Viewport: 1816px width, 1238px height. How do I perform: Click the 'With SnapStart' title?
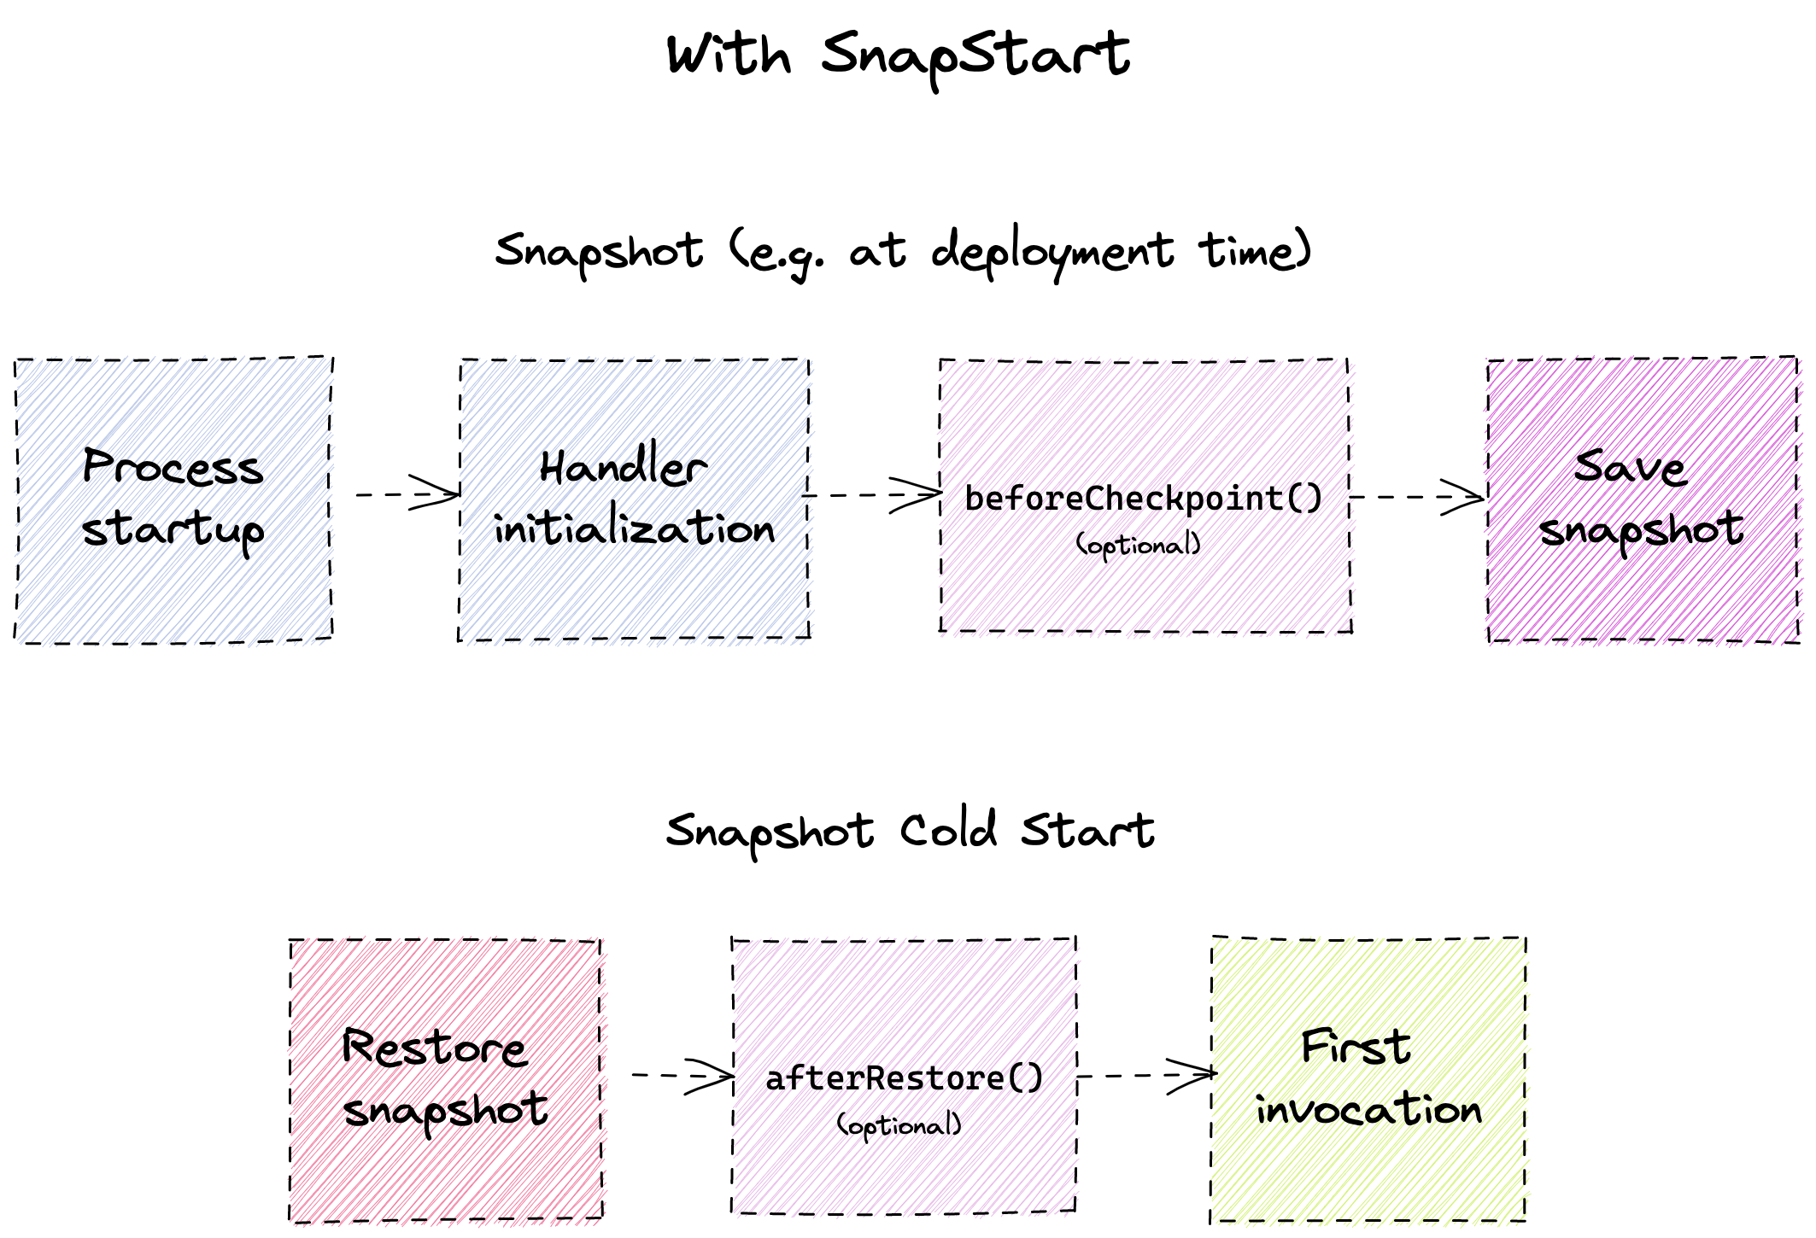click(x=898, y=55)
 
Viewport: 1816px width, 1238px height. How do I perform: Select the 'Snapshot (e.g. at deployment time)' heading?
click(x=903, y=253)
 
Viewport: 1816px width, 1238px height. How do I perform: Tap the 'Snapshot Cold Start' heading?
click(x=910, y=832)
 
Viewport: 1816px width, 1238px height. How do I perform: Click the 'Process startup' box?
click(x=173, y=499)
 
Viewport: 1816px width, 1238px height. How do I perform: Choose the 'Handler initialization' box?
click(x=634, y=499)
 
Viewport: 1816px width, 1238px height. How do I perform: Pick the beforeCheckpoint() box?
click(x=1145, y=496)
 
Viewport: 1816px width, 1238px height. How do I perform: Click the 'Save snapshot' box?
click(x=1643, y=499)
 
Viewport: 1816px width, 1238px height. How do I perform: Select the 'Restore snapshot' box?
click(x=446, y=1080)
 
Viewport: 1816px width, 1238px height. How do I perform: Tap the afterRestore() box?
click(x=904, y=1075)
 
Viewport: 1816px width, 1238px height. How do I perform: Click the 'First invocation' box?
click(x=1368, y=1079)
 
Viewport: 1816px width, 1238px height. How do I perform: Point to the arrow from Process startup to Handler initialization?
click(x=408, y=493)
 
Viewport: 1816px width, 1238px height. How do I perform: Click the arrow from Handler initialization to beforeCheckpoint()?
click(x=872, y=495)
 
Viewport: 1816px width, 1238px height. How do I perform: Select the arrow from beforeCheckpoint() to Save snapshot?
click(x=1418, y=497)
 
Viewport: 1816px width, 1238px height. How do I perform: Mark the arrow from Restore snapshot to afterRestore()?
click(x=682, y=1075)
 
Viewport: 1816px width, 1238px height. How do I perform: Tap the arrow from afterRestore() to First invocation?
click(x=1147, y=1075)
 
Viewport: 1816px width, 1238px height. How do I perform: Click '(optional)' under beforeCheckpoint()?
click(x=1139, y=545)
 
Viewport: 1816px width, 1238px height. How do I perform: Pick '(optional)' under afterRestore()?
click(x=899, y=1125)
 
